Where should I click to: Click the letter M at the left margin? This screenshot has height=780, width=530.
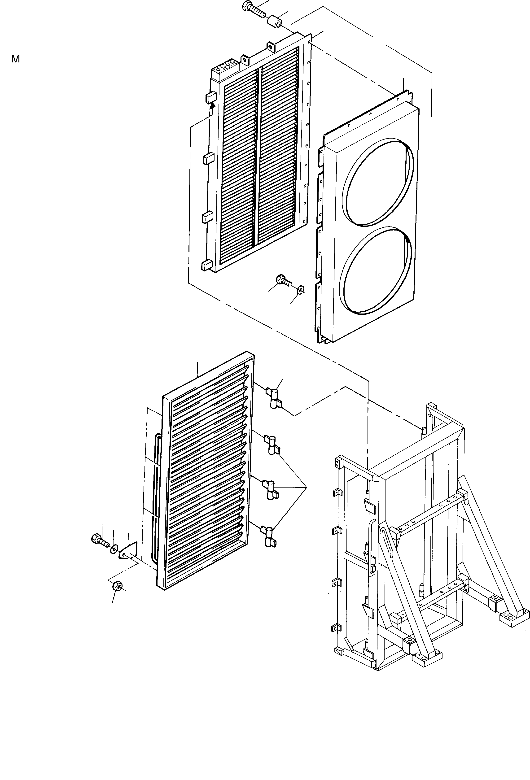(15, 59)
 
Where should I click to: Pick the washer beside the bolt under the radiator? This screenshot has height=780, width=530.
(301, 289)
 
